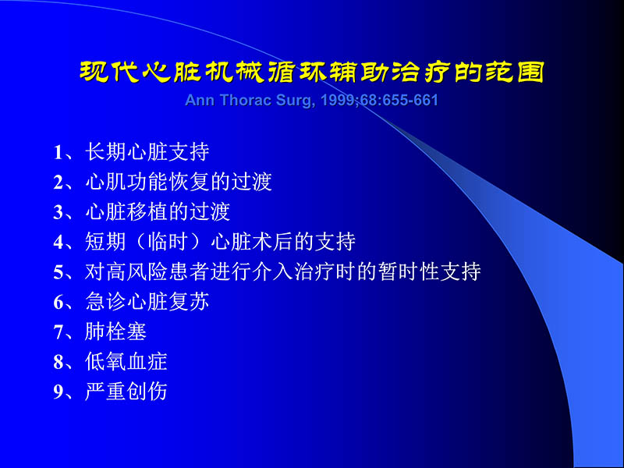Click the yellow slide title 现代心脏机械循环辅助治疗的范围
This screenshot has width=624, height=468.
tap(312, 72)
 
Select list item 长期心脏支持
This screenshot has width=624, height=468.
tap(147, 151)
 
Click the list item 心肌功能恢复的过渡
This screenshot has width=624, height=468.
tap(179, 182)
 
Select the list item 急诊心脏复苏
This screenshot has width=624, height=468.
tap(147, 302)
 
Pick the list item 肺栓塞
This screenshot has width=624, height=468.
tap(116, 332)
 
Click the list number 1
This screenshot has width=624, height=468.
tap(58, 152)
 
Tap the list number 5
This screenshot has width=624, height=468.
tap(58, 272)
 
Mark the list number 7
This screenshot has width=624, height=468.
tap(58, 332)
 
